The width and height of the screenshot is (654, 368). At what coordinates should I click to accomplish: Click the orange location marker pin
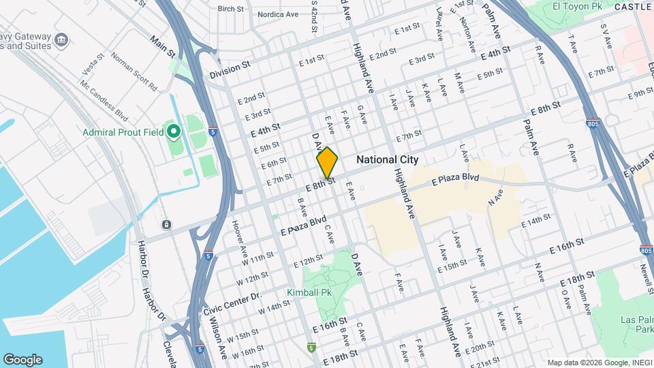point(328,163)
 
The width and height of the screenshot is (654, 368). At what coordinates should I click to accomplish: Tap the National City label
point(387,159)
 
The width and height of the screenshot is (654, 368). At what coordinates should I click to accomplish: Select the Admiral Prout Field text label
point(124,132)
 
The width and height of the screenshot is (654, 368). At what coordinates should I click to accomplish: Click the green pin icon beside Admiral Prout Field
point(174,131)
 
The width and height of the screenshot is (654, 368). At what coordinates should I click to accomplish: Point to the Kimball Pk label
point(309,292)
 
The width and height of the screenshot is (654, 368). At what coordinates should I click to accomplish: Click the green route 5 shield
point(311,348)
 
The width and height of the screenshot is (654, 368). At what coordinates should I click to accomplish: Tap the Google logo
point(22,359)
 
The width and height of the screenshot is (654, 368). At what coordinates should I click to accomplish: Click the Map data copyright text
point(598,363)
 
